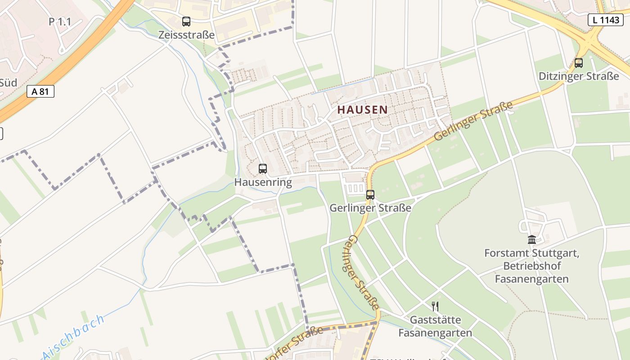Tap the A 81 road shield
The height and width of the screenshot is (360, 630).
40,91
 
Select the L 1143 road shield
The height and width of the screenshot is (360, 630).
605,19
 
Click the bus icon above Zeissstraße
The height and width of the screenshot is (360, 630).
186,21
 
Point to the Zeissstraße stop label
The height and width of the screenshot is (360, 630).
186,35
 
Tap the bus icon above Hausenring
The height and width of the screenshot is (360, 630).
263,169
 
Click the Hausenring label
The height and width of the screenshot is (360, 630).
263,182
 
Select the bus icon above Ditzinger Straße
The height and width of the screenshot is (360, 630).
579,63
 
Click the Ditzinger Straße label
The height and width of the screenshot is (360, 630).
579,76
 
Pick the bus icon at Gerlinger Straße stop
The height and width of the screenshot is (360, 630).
370,195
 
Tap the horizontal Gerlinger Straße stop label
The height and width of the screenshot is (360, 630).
370,208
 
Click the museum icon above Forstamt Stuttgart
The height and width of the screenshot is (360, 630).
532,239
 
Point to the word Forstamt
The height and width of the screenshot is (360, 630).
505,253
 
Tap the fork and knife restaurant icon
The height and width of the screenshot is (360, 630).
435,306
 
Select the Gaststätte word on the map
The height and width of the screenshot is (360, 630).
435,320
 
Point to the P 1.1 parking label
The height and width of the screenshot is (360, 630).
60,22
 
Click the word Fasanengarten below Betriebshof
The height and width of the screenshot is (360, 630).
532,279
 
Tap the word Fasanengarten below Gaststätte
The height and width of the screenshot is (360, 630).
435,333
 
